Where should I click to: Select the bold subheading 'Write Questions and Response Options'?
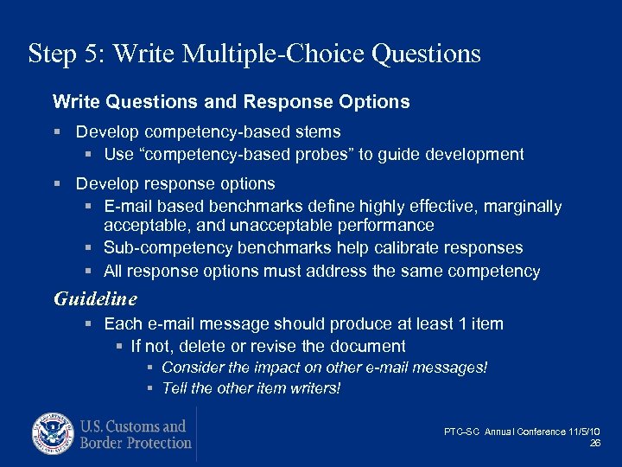point(231,102)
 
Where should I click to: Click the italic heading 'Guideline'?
point(95,299)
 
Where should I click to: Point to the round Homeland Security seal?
point(54,434)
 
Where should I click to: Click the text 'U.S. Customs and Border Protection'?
point(136,434)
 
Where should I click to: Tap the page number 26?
point(594,443)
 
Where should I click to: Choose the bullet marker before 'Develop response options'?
point(56,184)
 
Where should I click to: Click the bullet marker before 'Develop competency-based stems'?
point(56,132)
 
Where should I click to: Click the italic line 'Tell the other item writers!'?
point(251,388)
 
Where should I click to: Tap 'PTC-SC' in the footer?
point(462,432)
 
